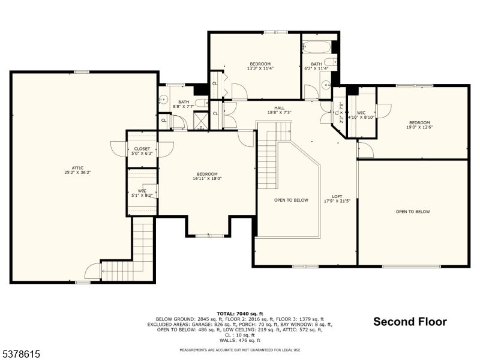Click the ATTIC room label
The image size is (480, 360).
[77, 168]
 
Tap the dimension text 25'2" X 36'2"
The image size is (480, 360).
[77, 173]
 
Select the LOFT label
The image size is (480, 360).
[338, 197]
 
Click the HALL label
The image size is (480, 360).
[280, 108]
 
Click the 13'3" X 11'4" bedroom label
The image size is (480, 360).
[260, 66]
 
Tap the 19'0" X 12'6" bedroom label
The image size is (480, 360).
[419, 125]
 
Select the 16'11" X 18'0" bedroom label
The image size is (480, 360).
[205, 176]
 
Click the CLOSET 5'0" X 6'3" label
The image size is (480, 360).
[142, 151]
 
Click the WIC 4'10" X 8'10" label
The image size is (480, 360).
[365, 115]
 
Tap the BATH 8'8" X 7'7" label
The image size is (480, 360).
[183, 104]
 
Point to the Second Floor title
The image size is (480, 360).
[410, 322]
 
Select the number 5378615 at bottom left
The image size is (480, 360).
[20, 354]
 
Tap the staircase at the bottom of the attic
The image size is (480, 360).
[143, 252]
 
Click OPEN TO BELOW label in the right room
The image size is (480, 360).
[413, 211]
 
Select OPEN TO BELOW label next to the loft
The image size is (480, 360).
[292, 200]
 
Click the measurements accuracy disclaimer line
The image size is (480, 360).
[240, 350]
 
